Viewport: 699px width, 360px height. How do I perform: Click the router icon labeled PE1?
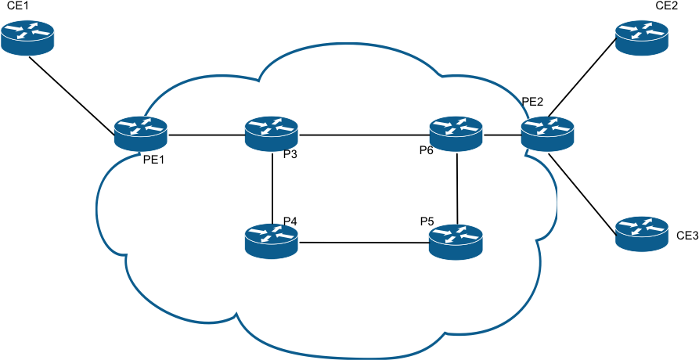pos(140,134)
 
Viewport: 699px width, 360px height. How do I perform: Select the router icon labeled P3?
pos(272,134)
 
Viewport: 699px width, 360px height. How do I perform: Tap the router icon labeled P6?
pos(456,134)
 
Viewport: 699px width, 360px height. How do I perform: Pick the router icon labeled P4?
pos(272,241)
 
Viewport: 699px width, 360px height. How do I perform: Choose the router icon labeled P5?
pos(456,242)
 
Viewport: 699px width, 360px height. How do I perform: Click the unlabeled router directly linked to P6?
pos(548,134)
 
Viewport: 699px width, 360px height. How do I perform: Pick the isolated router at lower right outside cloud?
pos(642,234)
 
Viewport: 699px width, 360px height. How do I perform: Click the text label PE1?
pos(154,160)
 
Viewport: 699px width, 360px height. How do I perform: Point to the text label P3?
pos(290,154)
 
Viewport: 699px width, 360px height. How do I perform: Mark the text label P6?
pos(426,150)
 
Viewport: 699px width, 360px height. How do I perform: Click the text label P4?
pos(290,221)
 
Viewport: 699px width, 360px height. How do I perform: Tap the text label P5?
pos(427,221)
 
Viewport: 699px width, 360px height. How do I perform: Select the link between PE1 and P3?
pos(206,135)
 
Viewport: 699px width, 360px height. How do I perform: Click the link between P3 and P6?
pos(364,135)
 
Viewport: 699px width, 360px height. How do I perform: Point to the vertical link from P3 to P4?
pos(272,188)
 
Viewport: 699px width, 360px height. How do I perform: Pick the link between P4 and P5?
pos(364,243)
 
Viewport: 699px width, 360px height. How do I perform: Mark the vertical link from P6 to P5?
pos(457,188)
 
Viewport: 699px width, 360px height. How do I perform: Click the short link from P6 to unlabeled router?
pos(502,135)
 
